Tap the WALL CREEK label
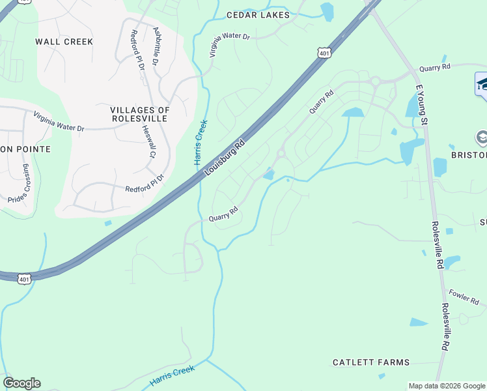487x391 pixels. [64, 42]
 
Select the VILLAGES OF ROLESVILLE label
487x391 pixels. [139, 114]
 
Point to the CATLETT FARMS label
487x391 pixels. [371, 362]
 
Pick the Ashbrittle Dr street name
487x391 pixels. [155, 46]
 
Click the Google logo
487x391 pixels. [21, 383]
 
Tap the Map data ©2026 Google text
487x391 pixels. [447, 386]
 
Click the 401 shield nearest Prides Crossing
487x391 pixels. [24, 279]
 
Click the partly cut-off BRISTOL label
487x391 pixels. [469, 156]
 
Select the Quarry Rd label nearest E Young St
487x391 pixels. [435, 67]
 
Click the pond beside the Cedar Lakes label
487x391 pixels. [327, 10]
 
